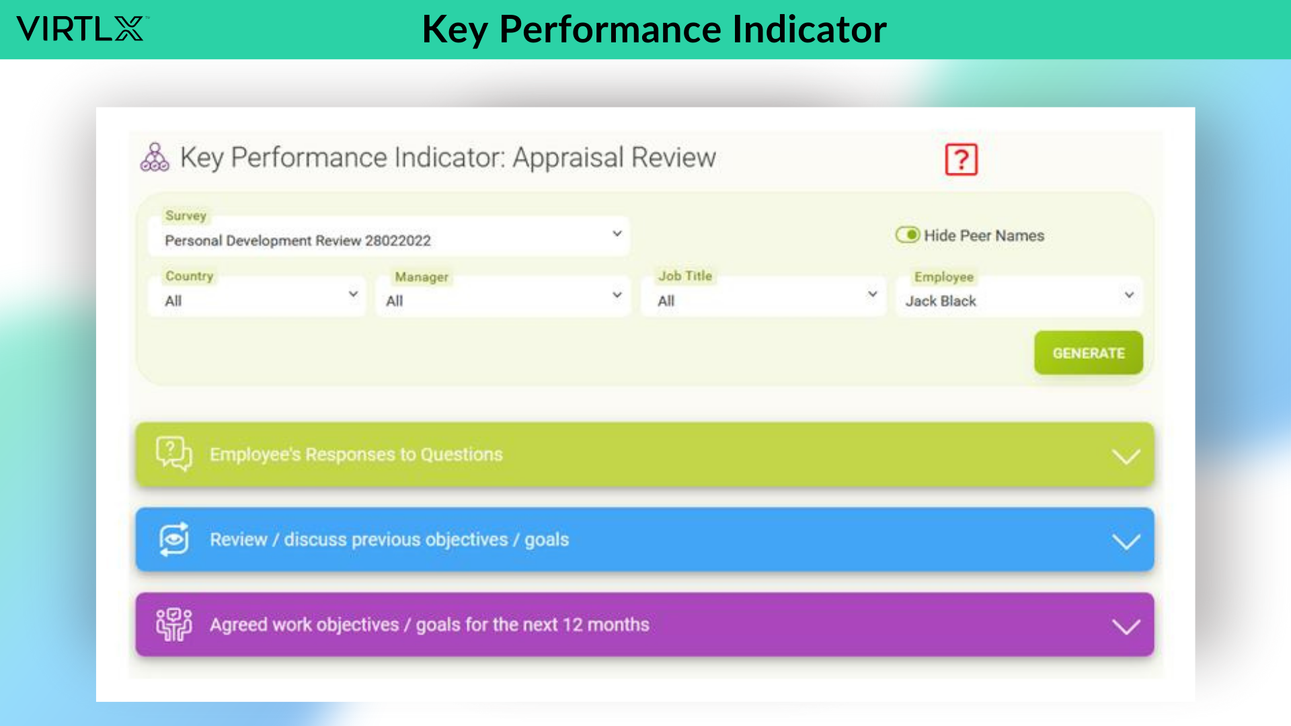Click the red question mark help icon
click(x=961, y=159)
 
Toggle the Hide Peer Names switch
click(x=908, y=235)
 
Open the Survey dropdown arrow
click(x=617, y=233)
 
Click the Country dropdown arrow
click(x=353, y=294)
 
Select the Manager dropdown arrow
click(x=617, y=294)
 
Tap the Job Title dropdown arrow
click(x=872, y=294)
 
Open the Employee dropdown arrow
click(x=1129, y=294)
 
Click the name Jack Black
click(x=941, y=301)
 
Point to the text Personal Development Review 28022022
click(x=298, y=241)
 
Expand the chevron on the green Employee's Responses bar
click(x=1126, y=456)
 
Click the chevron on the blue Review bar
click(x=1126, y=541)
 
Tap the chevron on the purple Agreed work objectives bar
click(x=1126, y=627)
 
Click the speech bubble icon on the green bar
click(x=173, y=454)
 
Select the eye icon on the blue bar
click(x=174, y=539)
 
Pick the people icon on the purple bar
click(x=174, y=624)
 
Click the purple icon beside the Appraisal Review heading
click(x=155, y=157)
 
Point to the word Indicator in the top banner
click(x=810, y=30)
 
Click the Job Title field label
click(x=685, y=276)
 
